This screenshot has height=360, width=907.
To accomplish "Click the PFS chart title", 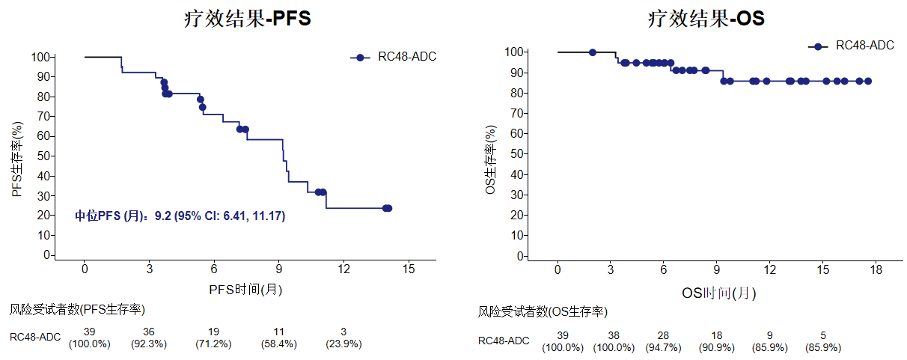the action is (x=248, y=19).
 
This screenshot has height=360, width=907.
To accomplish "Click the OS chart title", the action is (x=706, y=19).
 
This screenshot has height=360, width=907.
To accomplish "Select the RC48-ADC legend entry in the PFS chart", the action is (x=393, y=57).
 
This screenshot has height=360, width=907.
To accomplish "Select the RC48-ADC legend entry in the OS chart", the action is (x=851, y=46).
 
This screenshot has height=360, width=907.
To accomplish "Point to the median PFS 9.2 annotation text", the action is (x=180, y=216).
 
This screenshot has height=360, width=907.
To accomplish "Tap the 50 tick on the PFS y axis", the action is (x=43, y=156).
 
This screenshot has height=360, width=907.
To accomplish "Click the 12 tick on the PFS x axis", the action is (x=343, y=269).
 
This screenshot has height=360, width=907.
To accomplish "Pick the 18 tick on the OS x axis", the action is (x=876, y=269).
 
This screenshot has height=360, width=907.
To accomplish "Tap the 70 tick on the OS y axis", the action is (x=517, y=113).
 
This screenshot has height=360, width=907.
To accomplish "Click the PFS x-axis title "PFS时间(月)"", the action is (x=245, y=290).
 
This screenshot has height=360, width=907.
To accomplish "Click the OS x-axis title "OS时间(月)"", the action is (x=718, y=293).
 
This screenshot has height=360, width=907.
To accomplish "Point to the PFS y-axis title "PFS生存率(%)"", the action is (x=17, y=159).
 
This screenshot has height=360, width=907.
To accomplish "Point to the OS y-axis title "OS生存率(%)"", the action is (x=490, y=159).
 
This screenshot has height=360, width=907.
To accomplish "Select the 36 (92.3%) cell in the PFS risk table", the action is (x=149, y=338).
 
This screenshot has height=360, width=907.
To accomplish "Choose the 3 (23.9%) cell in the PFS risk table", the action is (x=343, y=338).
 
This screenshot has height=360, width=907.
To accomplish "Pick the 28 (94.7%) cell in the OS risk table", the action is (x=663, y=341).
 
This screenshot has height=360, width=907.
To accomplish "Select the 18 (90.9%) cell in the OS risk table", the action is (x=717, y=341).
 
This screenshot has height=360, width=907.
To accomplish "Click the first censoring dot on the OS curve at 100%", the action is (x=593, y=52).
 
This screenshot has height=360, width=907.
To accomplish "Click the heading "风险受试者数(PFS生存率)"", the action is (x=77, y=310).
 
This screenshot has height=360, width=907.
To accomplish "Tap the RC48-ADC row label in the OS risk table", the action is (x=504, y=341).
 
